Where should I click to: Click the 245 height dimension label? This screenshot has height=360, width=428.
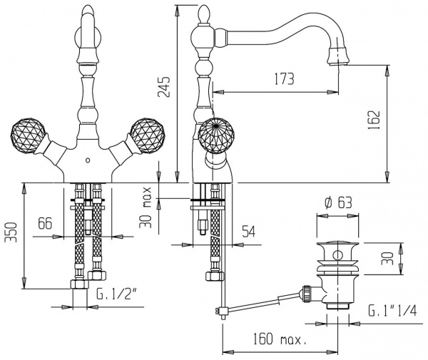click(164, 87)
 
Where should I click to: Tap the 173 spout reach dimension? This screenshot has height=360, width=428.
click(284, 79)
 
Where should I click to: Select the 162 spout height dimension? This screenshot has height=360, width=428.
click(374, 120)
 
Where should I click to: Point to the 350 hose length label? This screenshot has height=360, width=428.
click(11, 232)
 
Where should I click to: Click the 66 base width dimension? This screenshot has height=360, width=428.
click(45, 223)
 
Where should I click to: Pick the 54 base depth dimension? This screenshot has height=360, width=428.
click(248, 232)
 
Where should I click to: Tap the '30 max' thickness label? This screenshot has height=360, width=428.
click(146, 207)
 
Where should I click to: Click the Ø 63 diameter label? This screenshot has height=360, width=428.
click(339, 202)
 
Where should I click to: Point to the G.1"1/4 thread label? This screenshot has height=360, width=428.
click(392, 310)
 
